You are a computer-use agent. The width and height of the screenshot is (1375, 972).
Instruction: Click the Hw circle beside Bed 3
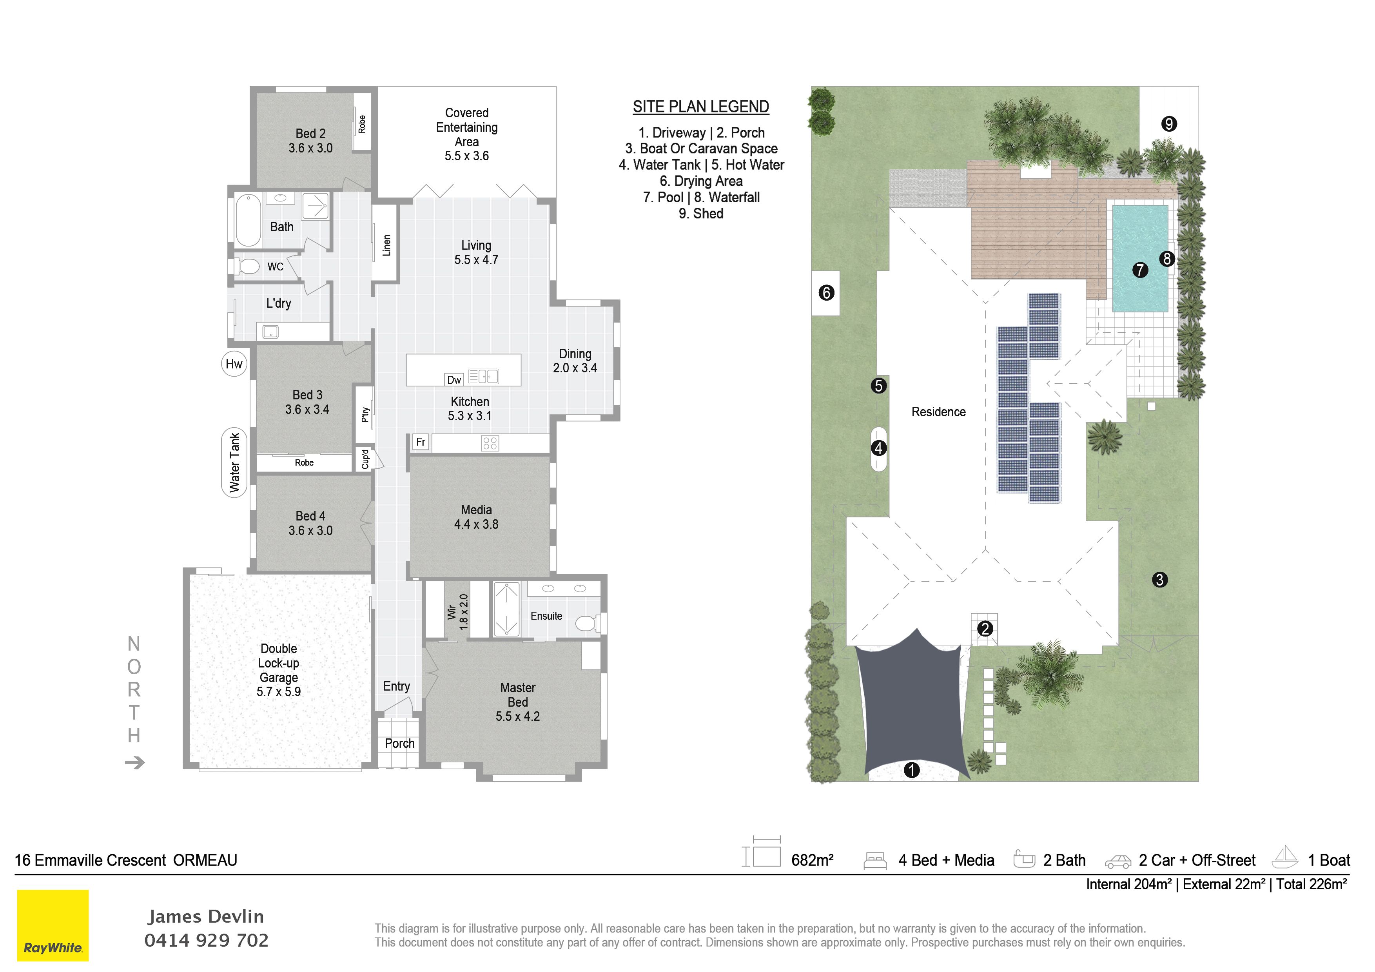234,364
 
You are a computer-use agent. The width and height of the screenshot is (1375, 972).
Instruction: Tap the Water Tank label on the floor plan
234,463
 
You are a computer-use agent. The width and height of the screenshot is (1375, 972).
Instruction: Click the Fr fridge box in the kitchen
421,442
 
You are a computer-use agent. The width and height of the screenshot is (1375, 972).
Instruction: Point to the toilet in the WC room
245,266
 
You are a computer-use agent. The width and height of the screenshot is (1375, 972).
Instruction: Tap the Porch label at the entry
399,743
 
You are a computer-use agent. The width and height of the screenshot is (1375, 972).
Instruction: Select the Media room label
476,510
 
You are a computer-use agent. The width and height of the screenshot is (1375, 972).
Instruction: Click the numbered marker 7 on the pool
1140,270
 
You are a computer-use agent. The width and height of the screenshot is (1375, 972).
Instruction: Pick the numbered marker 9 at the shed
1169,124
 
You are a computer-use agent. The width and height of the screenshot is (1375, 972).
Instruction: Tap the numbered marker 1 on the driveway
911,770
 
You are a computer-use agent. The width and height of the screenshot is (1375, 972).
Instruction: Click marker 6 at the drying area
826,293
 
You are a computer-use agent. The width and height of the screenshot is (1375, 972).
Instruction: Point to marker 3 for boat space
1160,580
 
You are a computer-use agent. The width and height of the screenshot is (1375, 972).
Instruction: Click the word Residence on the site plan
938,412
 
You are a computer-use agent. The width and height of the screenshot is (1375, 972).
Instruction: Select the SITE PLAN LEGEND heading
701,107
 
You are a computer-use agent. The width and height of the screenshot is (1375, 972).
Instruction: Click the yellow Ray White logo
53,925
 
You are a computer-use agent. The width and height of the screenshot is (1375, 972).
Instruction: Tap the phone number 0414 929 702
207,940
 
